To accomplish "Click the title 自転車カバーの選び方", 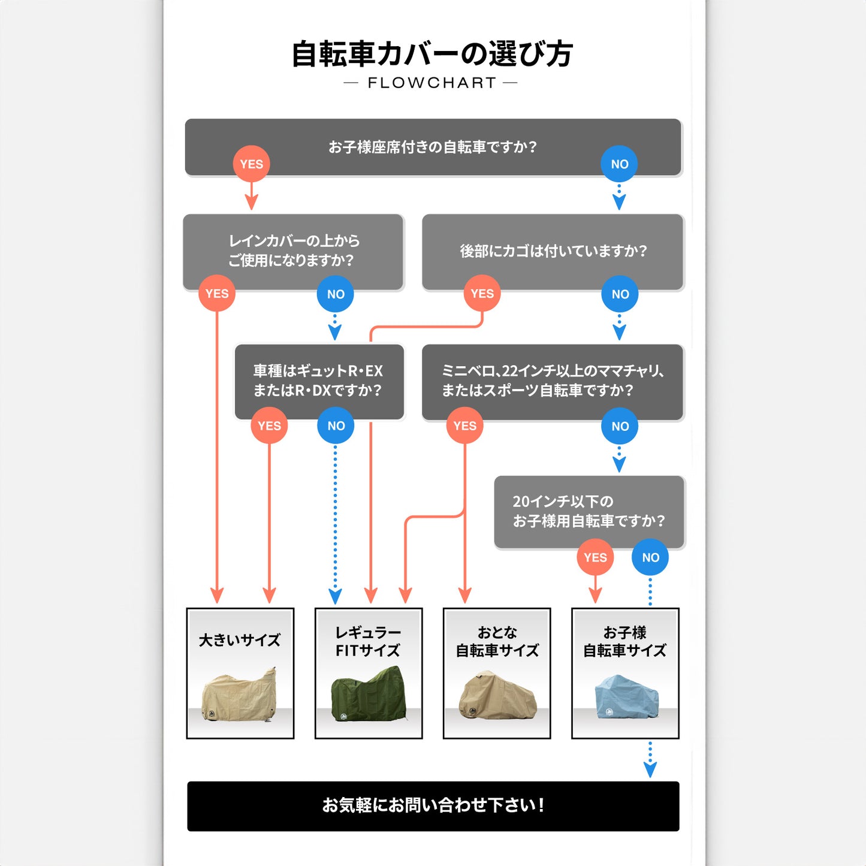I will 432,54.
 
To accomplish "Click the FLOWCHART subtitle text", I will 432,83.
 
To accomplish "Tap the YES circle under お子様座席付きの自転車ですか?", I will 252,164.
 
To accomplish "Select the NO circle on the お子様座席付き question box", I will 620,164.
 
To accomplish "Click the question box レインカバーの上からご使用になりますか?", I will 293,251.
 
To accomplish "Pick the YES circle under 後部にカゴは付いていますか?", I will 482,294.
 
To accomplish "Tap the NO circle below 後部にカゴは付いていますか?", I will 620,294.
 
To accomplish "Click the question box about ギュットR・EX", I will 318,380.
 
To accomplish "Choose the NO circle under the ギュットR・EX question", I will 336,426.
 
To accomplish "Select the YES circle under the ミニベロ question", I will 464,426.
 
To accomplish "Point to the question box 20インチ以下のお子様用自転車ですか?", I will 589,511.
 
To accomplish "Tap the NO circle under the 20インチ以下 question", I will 650,557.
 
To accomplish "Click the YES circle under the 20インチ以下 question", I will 595,557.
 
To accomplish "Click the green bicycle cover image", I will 369,695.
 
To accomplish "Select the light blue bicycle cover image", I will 626,697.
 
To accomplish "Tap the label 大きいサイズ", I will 240,640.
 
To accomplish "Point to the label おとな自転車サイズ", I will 497,641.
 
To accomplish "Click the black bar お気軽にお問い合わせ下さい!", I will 433,805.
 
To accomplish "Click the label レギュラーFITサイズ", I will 368,641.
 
